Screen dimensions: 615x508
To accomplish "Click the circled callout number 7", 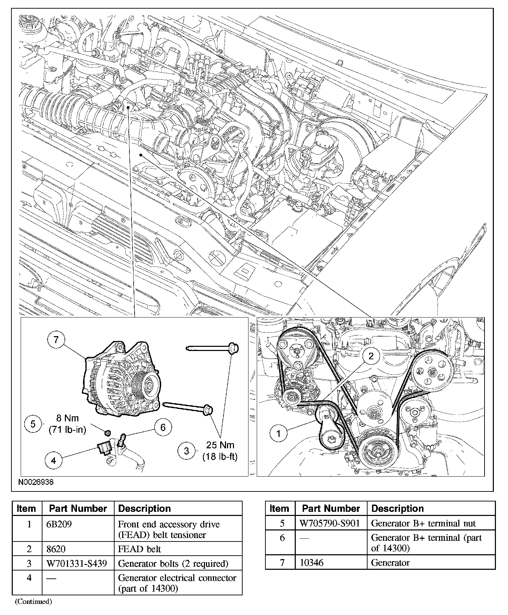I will click(56, 340).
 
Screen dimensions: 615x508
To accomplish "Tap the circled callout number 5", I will click(33, 423).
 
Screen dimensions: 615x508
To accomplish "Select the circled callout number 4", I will click(53, 460).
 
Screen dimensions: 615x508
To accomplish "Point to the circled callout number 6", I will click(163, 428).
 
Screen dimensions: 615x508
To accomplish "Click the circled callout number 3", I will click(187, 451).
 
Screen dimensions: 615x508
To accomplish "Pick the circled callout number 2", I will click(371, 356).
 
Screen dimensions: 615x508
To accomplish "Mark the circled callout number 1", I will click(279, 433).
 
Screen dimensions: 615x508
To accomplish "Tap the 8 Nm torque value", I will click(67, 418).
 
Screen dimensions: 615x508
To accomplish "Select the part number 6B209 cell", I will click(59, 524).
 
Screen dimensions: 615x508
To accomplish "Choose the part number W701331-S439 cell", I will click(77, 564).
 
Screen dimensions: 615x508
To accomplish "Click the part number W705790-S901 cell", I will click(330, 523).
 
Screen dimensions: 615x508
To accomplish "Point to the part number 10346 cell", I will click(311, 563).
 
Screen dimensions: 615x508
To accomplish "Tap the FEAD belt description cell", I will click(140, 549).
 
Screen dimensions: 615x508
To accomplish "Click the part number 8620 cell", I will click(56, 549).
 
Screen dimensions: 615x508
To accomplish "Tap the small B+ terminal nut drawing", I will click(107, 432).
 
